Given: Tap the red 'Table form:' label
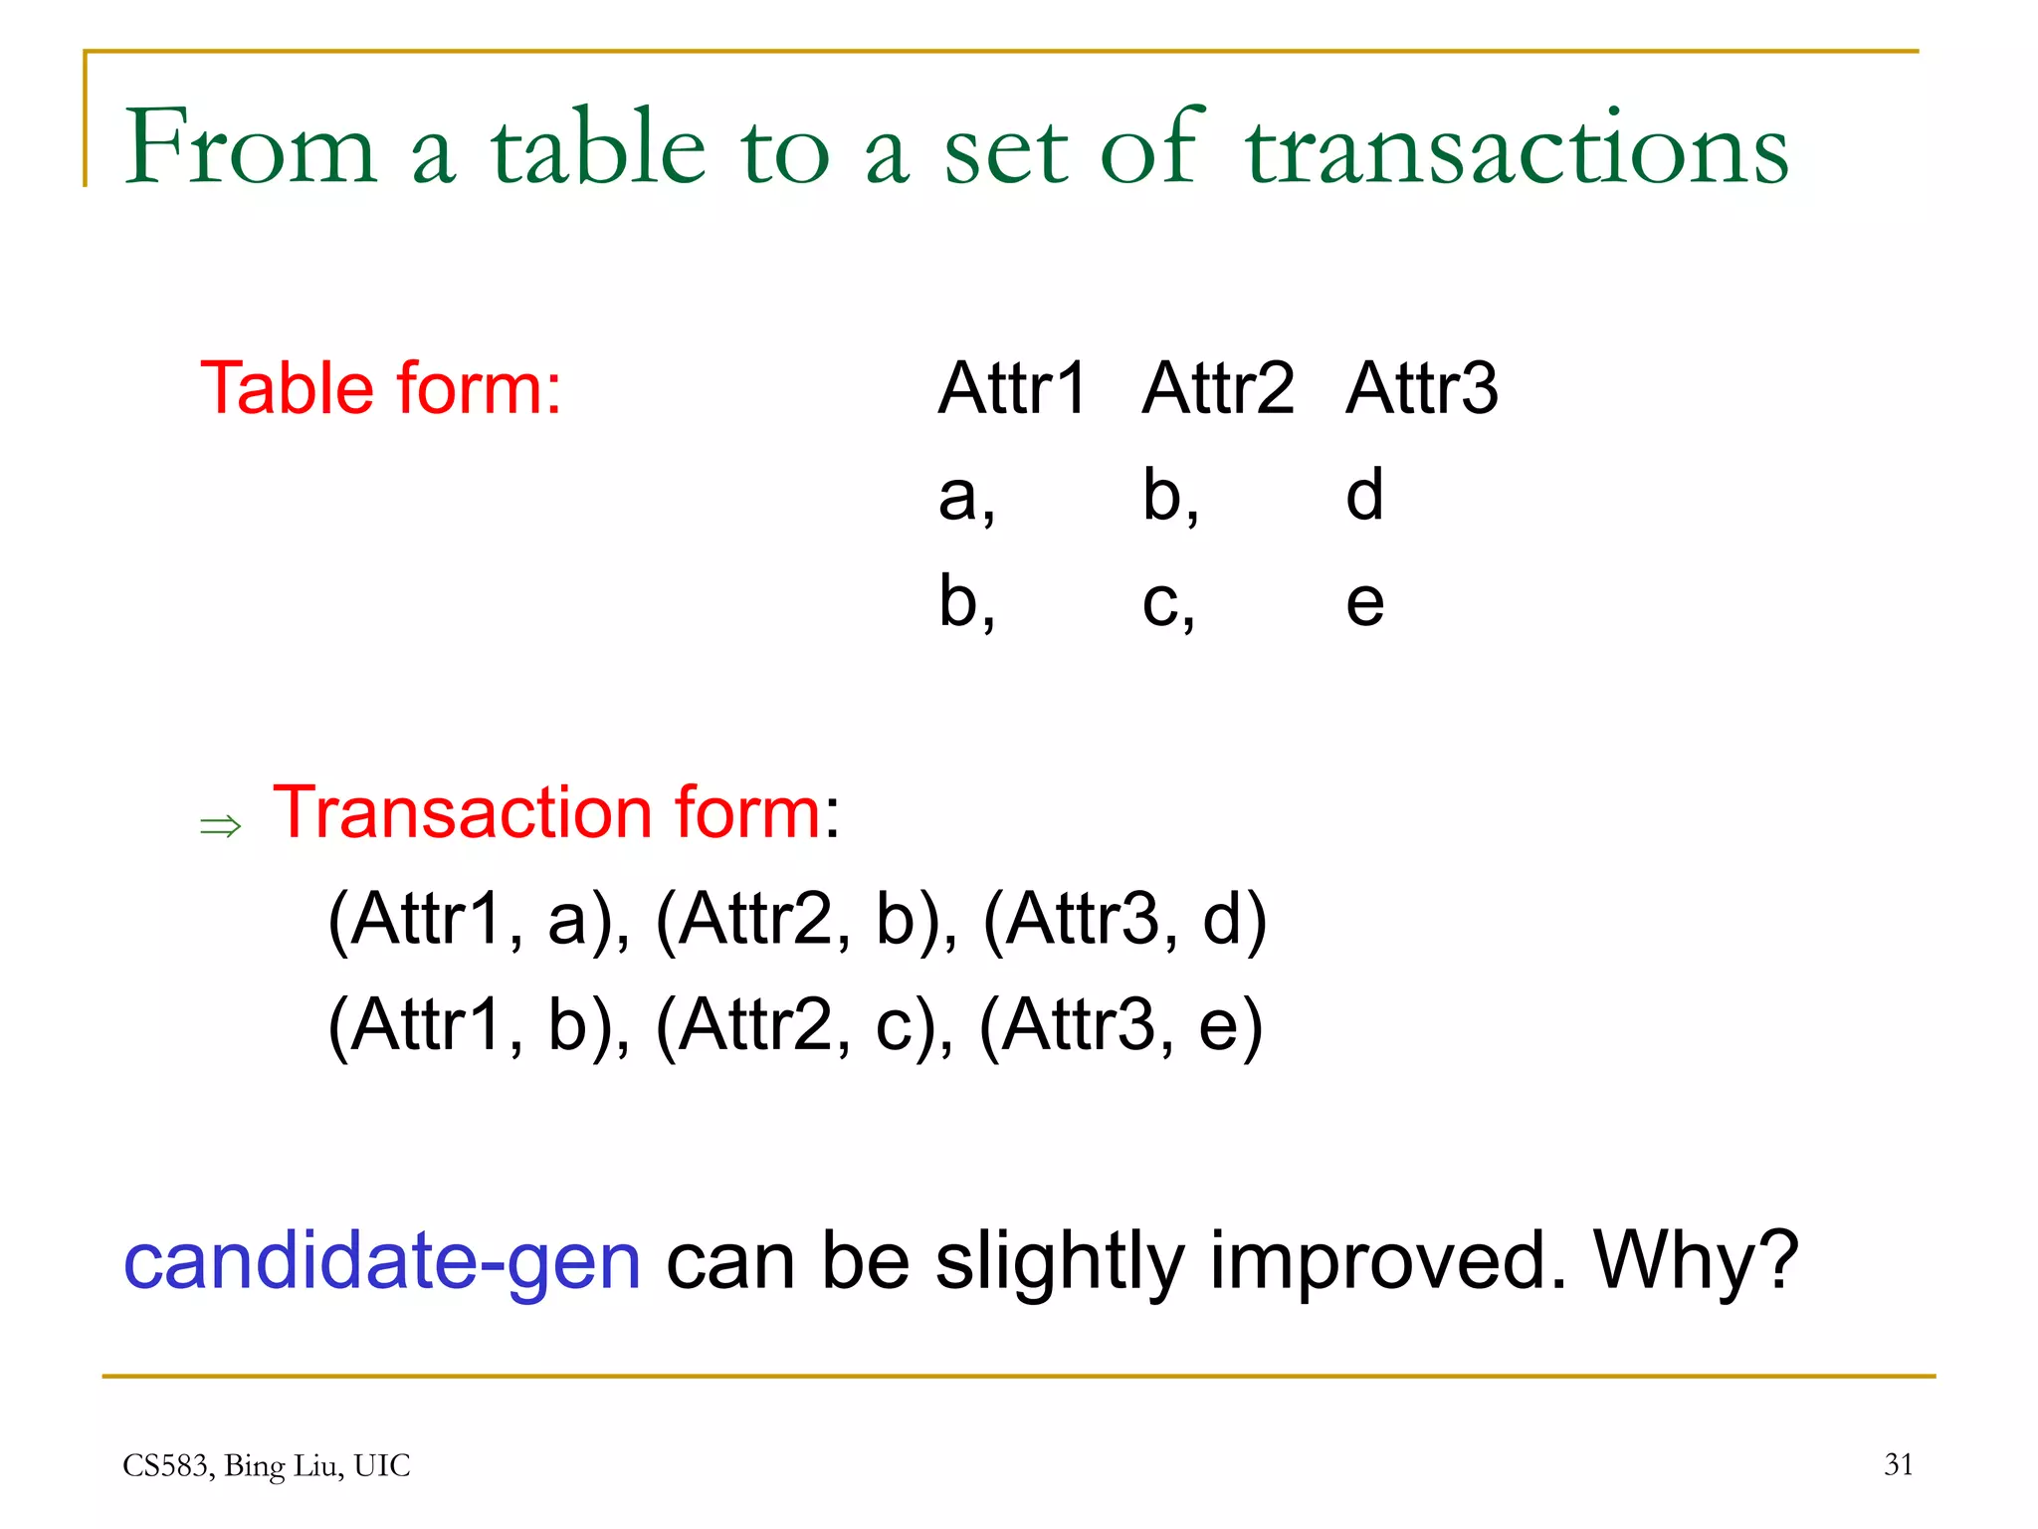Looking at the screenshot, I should tap(381, 388).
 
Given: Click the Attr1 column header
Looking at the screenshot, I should tap(1012, 388).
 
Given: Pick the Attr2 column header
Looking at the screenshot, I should tap(1218, 388).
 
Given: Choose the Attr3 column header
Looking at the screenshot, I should tap(1422, 388).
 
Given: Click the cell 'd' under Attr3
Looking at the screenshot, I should tap(1364, 495).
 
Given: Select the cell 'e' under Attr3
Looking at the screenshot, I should tap(1364, 603).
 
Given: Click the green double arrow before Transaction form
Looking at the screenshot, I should tap(220, 825).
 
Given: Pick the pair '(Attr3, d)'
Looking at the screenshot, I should tap(1124, 920).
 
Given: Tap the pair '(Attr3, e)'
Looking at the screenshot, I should tap(1121, 1025).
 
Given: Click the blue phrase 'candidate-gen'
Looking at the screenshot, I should tap(382, 1261).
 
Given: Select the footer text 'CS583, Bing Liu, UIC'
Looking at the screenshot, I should tap(267, 1465).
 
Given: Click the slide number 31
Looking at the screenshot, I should tap(1899, 1464).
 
